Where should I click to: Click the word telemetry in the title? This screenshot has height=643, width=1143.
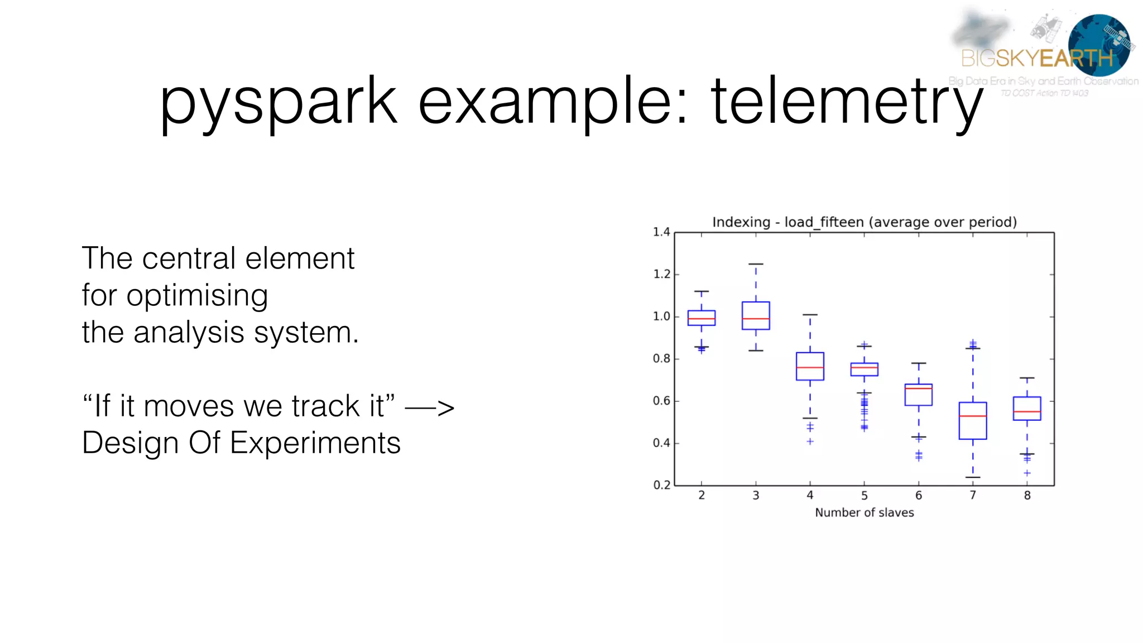tap(846, 102)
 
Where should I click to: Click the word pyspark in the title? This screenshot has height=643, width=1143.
tap(278, 102)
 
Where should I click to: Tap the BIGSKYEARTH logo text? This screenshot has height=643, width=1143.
tap(1037, 58)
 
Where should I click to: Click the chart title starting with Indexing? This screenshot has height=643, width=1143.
tap(864, 222)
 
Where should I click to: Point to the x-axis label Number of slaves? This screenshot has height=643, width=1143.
tap(864, 512)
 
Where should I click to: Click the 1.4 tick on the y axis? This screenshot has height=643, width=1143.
tap(661, 232)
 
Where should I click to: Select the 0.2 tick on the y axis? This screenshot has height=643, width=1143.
tap(661, 485)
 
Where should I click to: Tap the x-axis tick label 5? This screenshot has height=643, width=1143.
tap(864, 496)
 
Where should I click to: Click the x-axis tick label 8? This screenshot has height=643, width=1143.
tap(1027, 496)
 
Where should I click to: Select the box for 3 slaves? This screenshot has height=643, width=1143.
tap(756, 316)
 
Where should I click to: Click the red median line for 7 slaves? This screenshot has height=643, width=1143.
tap(973, 416)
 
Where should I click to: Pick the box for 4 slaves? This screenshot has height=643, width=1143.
tap(810, 366)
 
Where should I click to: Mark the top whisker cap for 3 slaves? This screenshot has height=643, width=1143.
tap(756, 264)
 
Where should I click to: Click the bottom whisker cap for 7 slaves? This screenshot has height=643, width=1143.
tap(973, 477)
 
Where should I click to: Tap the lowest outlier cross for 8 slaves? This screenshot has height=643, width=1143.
tap(1027, 473)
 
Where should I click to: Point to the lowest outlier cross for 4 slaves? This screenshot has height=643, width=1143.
tap(810, 442)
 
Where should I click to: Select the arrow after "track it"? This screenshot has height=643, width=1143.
tap(429, 407)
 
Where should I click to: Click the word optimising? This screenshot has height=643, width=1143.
tap(196, 296)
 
